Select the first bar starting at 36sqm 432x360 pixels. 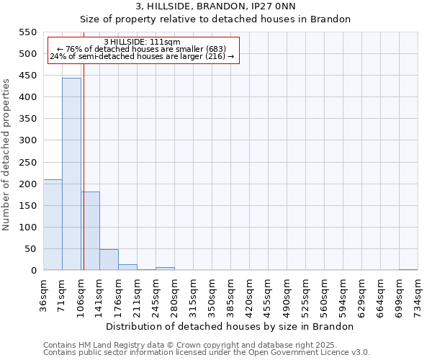point(53,225)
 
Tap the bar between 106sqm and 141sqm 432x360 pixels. point(90,230)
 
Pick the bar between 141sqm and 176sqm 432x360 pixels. point(109,259)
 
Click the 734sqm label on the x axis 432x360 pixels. point(418,296)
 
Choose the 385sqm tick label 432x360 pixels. point(231,296)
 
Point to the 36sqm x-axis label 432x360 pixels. point(44,296)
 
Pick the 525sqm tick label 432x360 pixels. point(306,296)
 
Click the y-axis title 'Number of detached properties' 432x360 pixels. point(7,155)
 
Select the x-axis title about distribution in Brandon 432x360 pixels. point(235,326)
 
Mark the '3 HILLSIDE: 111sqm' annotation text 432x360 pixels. point(142,42)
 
